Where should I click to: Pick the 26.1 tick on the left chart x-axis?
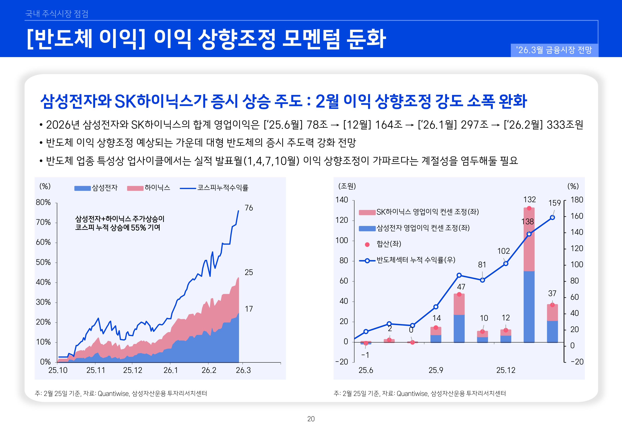[x=171, y=370]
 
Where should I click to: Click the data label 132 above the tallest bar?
[x=529, y=200]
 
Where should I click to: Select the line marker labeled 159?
[x=552, y=217]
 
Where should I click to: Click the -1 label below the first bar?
[x=365, y=355]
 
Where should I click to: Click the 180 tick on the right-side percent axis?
[x=577, y=200]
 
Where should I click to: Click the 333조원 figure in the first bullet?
[x=565, y=125]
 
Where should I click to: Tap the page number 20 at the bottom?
[x=311, y=419]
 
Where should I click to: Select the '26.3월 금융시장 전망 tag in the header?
[x=554, y=50]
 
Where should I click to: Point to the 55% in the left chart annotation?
[x=138, y=228]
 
